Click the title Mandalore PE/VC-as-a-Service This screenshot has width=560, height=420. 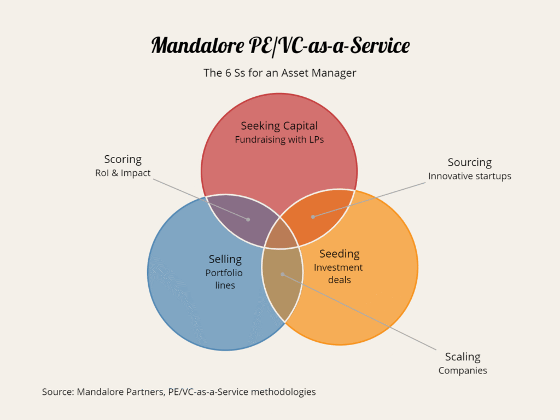(279, 45)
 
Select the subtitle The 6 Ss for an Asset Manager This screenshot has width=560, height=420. (279, 73)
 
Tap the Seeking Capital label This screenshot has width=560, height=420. (279, 126)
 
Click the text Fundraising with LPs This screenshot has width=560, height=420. (279, 139)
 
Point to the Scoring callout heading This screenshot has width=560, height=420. (122, 159)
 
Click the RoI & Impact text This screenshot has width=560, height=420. (122, 173)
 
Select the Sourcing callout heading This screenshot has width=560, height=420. (469, 162)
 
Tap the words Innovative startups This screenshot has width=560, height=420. (469, 176)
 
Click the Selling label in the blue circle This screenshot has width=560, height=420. (225, 259)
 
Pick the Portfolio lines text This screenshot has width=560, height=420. (224, 279)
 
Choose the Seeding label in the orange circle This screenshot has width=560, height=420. (339, 254)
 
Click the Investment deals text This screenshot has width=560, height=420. (339, 273)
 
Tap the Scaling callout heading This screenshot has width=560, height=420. (462, 357)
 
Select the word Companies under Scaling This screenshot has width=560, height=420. (462, 371)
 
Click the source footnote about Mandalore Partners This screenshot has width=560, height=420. (179, 392)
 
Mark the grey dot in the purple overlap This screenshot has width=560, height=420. (248, 219)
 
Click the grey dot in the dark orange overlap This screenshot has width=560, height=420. (313, 217)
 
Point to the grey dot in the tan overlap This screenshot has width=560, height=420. (282, 275)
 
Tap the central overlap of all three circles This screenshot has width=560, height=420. (281, 235)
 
